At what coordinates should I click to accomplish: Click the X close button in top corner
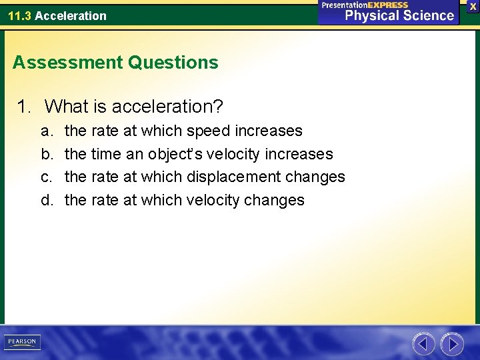(x=473, y=6)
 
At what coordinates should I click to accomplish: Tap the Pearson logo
(x=21, y=342)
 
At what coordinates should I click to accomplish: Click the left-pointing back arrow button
(x=423, y=344)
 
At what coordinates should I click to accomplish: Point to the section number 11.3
(x=19, y=15)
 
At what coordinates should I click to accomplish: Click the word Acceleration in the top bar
(x=70, y=15)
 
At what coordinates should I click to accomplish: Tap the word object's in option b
(x=175, y=154)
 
